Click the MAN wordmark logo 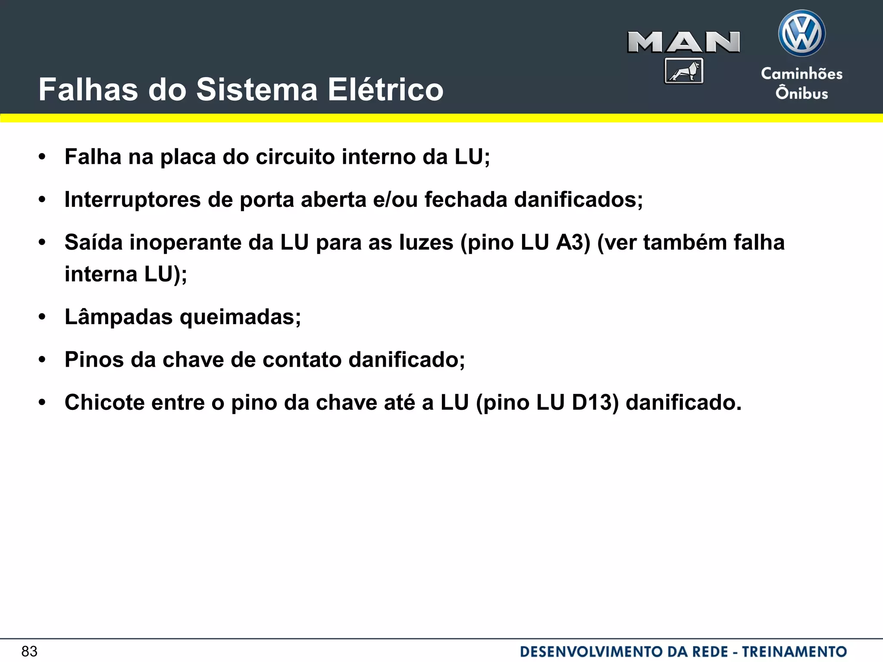coord(683,42)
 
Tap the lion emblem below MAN coord(684,71)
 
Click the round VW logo coord(802,34)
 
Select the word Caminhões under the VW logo coord(802,74)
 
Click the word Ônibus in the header coord(802,93)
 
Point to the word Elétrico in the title coord(385,90)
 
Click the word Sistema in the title coord(257,90)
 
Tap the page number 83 coord(29,651)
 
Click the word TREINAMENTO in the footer coord(794,651)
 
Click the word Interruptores coord(133,200)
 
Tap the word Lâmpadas coord(119,317)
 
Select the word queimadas coord(240,317)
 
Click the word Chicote coord(104,403)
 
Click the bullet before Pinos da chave coord(42,360)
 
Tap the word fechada coord(466,200)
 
